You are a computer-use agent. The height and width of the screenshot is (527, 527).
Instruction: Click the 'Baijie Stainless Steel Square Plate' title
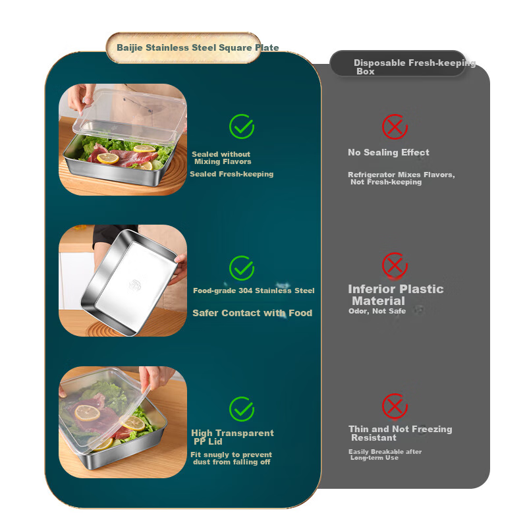[198, 47]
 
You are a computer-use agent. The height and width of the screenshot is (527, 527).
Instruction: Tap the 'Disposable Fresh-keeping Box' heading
[414, 67]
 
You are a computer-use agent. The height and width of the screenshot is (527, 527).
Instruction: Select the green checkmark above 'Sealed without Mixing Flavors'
[242, 126]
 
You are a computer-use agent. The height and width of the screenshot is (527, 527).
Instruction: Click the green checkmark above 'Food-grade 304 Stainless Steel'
[242, 268]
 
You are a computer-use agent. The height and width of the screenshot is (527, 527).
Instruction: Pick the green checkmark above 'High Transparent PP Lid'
[242, 408]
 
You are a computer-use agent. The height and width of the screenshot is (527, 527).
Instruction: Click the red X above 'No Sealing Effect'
[395, 126]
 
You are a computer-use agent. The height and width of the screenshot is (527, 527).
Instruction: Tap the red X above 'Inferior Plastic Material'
[395, 265]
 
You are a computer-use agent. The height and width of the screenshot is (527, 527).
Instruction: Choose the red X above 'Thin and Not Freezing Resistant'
[395, 406]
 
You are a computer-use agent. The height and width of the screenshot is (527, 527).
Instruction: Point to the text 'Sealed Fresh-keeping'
[232, 174]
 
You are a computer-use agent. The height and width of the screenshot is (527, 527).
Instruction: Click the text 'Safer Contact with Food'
[252, 313]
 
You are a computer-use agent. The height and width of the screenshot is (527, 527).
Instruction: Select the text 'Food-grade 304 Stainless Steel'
[254, 291]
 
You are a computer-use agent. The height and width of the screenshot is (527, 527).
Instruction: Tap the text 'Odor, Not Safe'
[377, 311]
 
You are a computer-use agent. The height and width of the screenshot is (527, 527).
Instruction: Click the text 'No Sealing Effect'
[389, 152]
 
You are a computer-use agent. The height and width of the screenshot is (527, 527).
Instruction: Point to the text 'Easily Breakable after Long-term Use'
[385, 455]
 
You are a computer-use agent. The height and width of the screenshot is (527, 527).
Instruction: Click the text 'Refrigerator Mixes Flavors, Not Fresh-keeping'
[401, 178]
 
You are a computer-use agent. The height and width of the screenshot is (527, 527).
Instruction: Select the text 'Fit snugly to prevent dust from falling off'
[231, 458]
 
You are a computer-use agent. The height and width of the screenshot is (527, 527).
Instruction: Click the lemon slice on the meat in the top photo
[108, 158]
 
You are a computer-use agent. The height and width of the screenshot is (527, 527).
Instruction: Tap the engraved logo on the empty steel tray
[135, 285]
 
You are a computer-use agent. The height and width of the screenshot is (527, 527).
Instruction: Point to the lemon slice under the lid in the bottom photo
[87, 413]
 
